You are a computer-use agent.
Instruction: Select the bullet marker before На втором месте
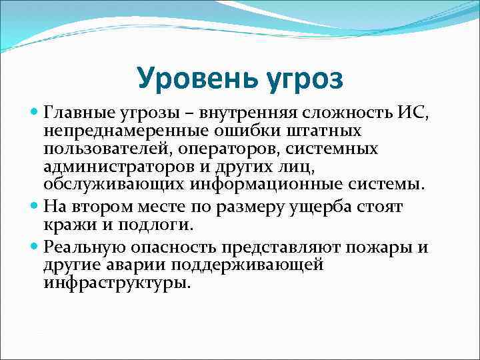point(35,208)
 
